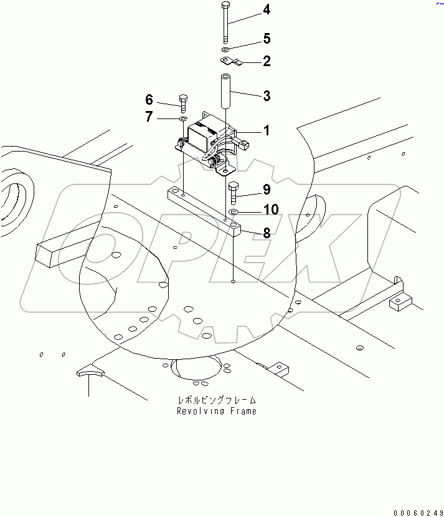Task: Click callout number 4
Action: [x=267, y=9]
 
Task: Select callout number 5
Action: [x=267, y=39]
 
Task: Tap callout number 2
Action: [x=267, y=61]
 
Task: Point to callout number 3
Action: [x=267, y=96]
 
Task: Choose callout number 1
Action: [x=266, y=131]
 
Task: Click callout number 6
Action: [x=149, y=100]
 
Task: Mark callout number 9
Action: [x=267, y=188]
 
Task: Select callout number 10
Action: [x=270, y=210]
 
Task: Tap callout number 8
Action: [x=267, y=233]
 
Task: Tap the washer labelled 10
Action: [x=234, y=213]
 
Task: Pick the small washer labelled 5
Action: [x=225, y=49]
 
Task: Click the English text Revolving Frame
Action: [x=216, y=411]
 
